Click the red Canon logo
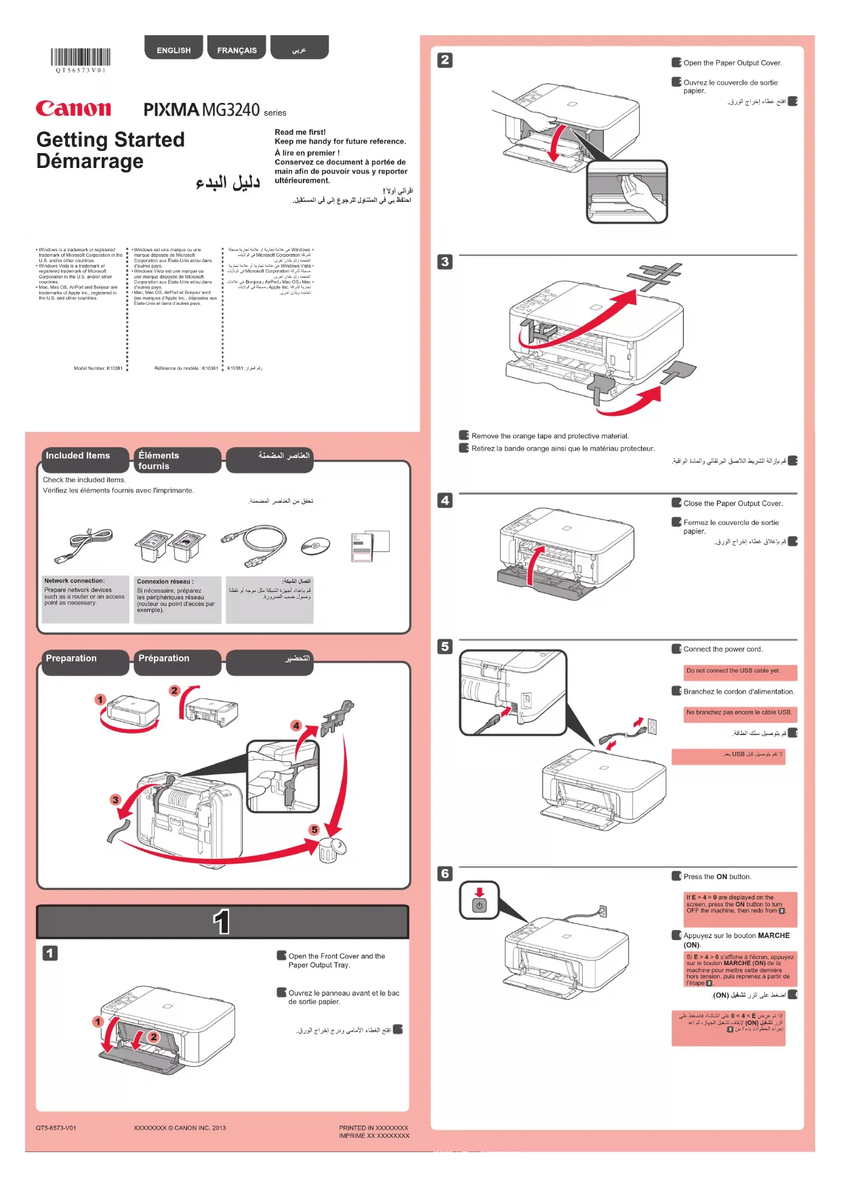[73, 108]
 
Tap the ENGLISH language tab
[173, 49]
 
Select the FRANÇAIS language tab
[237, 49]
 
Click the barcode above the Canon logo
[81, 58]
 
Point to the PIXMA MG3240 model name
[201, 110]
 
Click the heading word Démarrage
[90, 162]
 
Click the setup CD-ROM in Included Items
[315, 545]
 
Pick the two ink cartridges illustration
[169, 545]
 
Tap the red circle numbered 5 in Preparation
[314, 830]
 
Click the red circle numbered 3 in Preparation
[115, 800]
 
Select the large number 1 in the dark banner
[222, 922]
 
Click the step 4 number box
[445, 501]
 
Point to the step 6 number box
[445, 874]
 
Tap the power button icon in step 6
[479, 906]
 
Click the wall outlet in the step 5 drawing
[652, 727]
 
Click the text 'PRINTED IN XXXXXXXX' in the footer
[373, 1128]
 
